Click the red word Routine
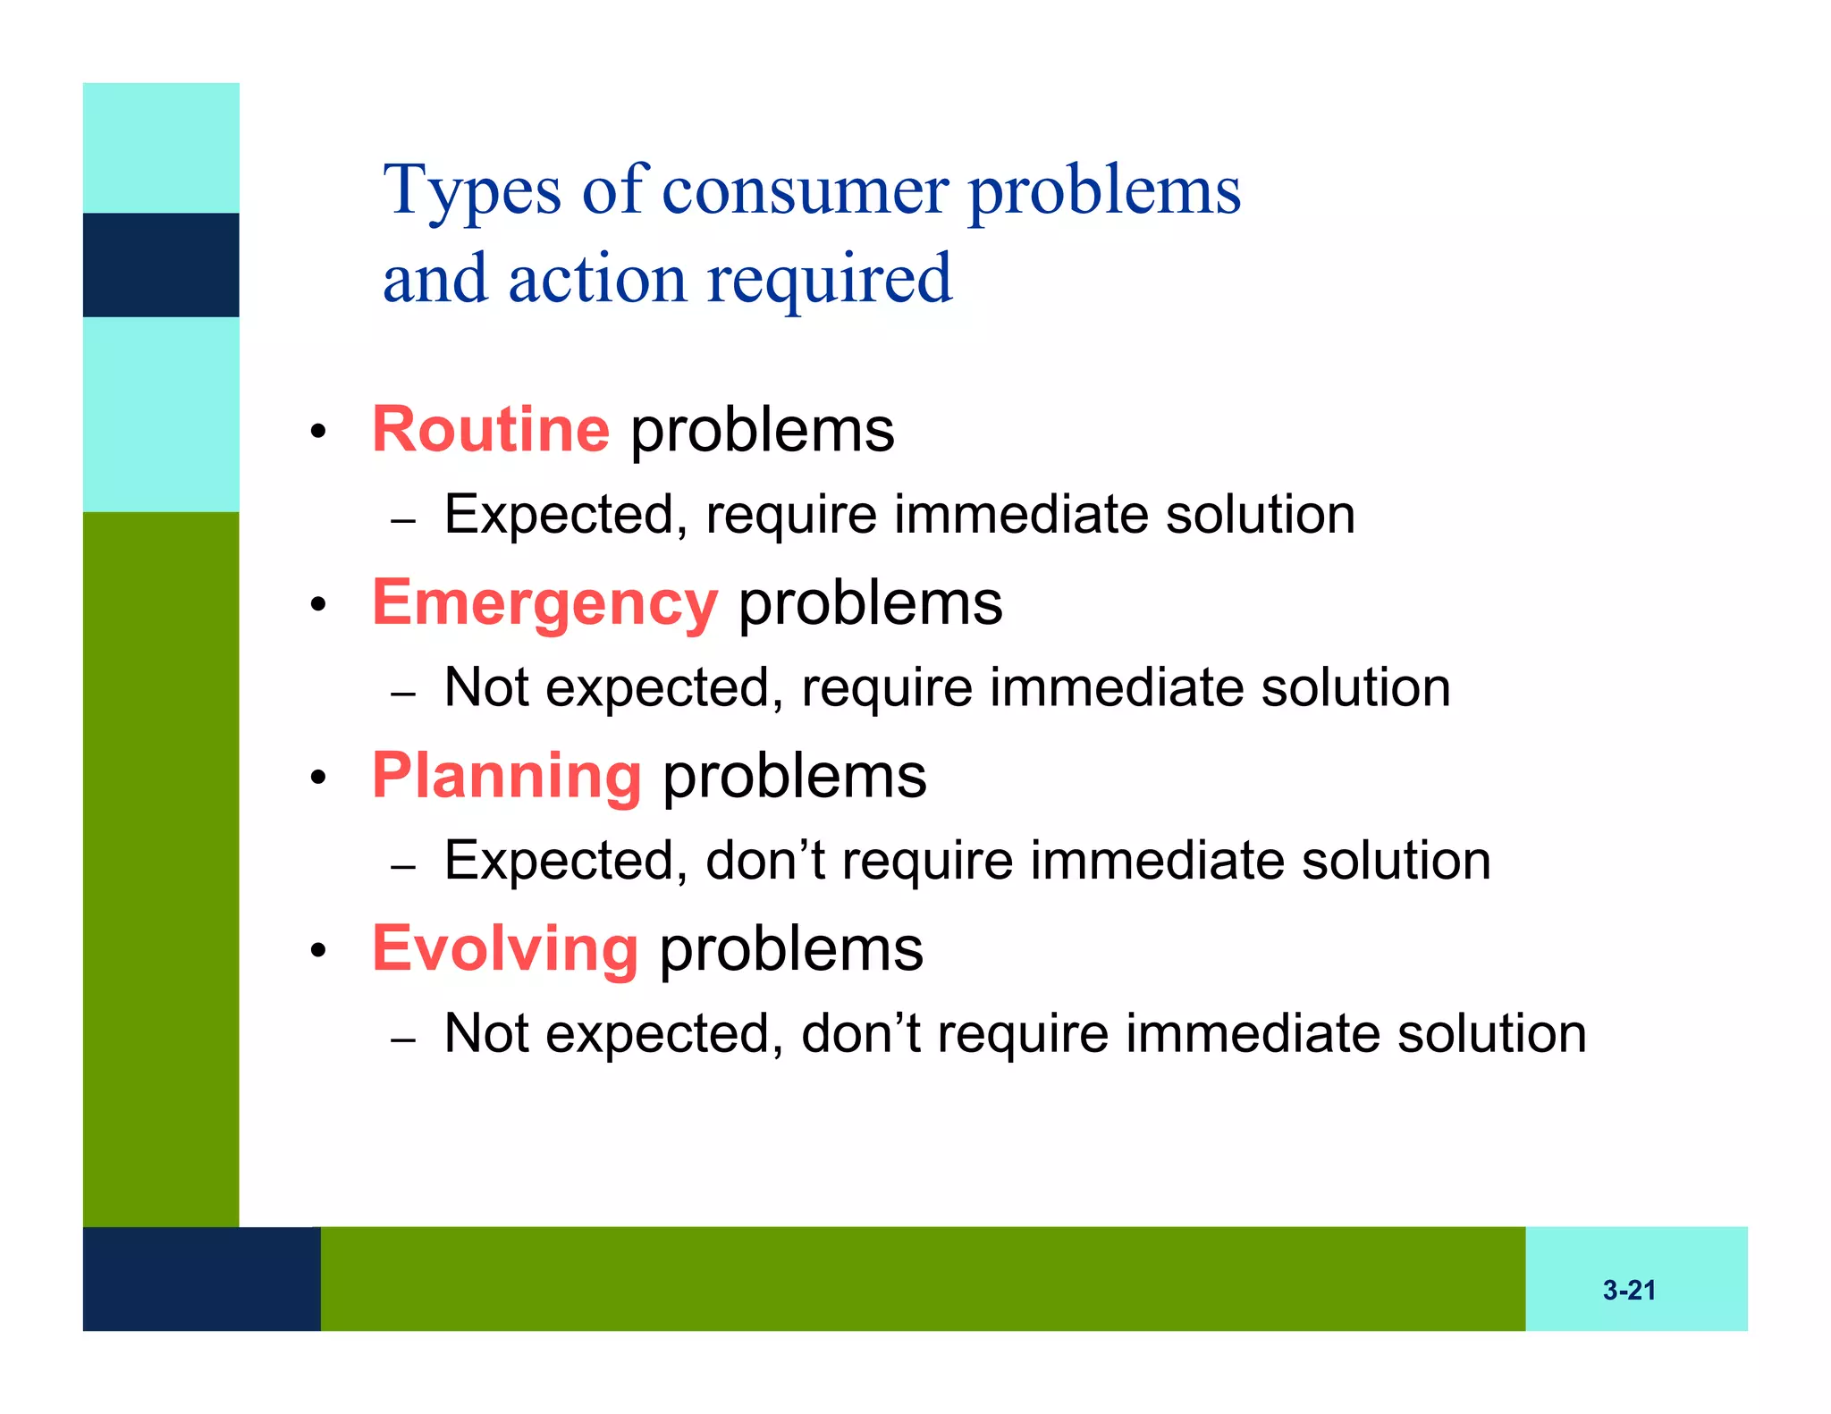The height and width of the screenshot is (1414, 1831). click(490, 430)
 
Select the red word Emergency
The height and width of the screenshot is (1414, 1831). click(544, 603)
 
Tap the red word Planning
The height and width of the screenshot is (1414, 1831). click(506, 776)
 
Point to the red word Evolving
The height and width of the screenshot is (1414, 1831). click(505, 948)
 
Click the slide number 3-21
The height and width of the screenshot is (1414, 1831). click(1629, 1290)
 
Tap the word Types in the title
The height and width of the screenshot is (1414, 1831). click(472, 191)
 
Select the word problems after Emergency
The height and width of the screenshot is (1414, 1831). click(870, 605)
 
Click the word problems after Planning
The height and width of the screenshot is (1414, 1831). click(794, 778)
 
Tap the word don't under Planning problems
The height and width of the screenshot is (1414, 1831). click(765, 861)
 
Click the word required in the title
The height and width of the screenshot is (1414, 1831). click(830, 280)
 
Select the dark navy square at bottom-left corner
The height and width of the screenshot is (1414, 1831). click(201, 1278)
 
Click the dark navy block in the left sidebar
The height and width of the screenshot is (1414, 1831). click(161, 265)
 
